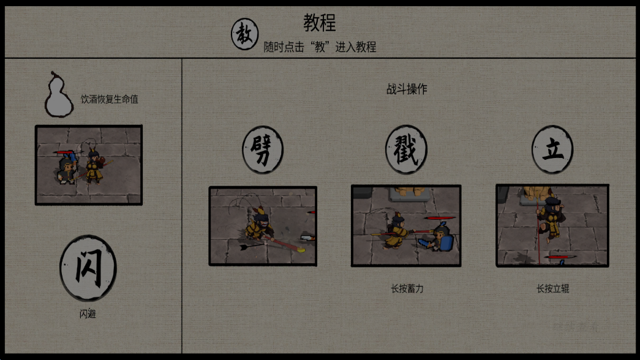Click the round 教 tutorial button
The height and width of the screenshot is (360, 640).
[244, 34]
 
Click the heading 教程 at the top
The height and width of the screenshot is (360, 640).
[320, 23]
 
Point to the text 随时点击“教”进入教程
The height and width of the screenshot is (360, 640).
[320, 47]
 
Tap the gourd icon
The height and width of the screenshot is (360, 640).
[59, 95]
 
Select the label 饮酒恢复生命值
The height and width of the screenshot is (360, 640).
[109, 99]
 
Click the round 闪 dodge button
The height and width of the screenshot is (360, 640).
[88, 268]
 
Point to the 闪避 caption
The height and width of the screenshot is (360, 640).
[88, 314]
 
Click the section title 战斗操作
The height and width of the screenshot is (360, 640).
[407, 89]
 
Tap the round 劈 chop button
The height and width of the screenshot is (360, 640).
[263, 149]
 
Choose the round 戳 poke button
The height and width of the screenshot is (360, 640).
[406, 149]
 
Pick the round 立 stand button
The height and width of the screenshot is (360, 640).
[552, 149]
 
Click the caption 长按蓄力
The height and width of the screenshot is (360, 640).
[407, 289]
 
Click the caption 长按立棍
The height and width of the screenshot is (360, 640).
[552, 289]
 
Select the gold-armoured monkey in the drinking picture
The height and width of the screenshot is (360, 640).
[95, 167]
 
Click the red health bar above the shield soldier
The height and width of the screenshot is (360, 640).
[440, 218]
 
